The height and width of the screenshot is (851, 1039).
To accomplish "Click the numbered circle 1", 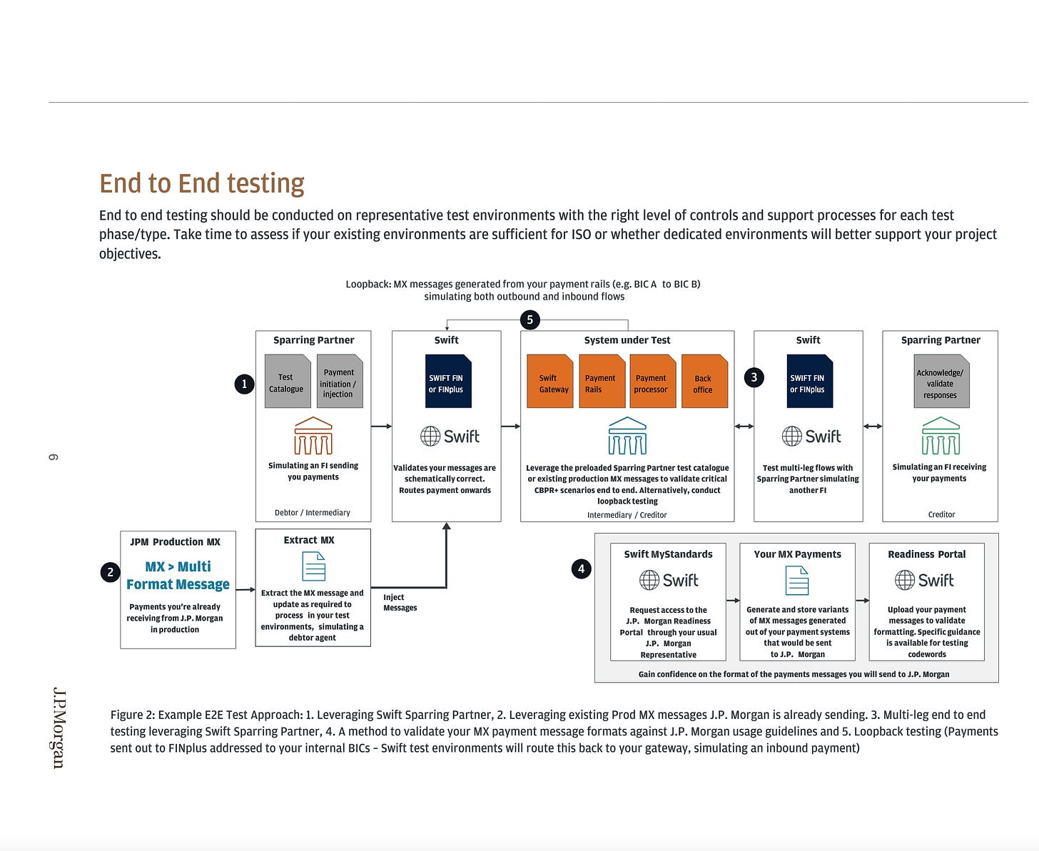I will click(x=244, y=384).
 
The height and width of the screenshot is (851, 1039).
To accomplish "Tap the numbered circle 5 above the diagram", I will click(x=529, y=320).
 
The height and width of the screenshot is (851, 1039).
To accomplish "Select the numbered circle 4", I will click(x=582, y=569).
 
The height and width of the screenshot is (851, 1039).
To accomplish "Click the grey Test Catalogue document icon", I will click(x=287, y=382).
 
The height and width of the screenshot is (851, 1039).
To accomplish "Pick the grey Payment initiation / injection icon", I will click(x=339, y=382).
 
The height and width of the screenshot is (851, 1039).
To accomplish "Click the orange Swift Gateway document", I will click(x=550, y=382).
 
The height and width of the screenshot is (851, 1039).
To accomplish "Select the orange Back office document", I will click(x=704, y=382).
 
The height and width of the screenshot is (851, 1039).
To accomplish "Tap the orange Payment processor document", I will click(x=652, y=382).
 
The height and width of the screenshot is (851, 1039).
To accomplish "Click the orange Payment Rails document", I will click(x=602, y=382).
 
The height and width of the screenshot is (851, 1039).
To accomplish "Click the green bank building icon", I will click(x=941, y=436).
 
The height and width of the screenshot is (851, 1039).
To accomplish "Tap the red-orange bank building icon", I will click(x=313, y=436).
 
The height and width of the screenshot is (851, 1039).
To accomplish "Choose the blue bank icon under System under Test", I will click(x=627, y=436).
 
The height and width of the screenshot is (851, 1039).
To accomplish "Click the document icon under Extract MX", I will click(x=313, y=567).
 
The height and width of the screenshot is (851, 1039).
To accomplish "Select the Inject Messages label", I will click(x=400, y=603).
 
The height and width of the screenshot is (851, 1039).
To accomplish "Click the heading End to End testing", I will click(x=202, y=183).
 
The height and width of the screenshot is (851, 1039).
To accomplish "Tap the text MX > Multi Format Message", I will click(x=178, y=576).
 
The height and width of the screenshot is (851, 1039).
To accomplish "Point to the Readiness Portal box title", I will click(x=926, y=554).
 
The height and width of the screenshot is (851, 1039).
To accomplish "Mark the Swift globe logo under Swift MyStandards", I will click(x=669, y=580).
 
